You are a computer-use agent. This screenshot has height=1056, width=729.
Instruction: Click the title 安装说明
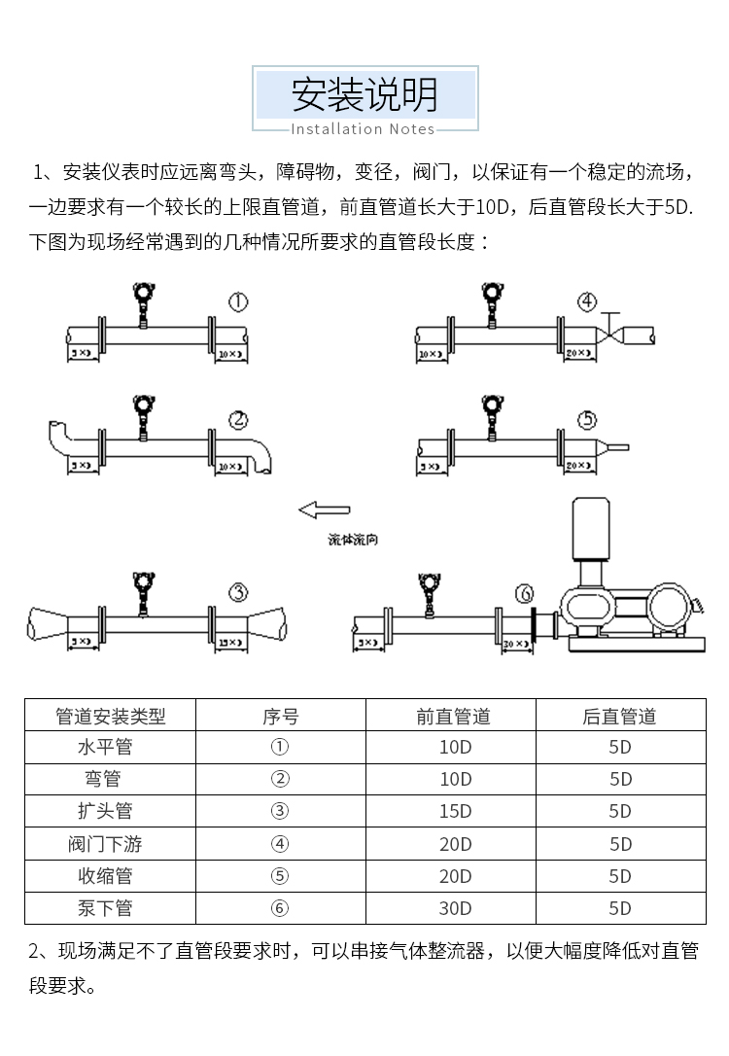point(364,94)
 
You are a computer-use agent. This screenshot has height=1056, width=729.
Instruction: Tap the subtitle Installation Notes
point(364,128)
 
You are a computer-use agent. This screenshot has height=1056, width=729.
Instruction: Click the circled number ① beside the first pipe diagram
point(238,302)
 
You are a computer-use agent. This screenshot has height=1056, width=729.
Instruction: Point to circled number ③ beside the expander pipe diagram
point(238,592)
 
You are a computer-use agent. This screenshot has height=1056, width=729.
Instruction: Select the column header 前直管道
point(454,717)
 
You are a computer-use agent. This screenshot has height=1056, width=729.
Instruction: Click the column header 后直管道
point(620,717)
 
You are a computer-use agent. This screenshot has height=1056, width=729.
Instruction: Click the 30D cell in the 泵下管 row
point(454,908)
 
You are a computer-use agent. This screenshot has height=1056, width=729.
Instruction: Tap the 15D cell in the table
point(454,811)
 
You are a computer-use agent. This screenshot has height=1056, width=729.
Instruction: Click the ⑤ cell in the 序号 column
point(280,876)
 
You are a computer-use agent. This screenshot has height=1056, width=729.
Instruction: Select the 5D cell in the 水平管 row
point(620,747)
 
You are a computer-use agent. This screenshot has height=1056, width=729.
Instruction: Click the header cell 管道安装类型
point(110,717)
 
